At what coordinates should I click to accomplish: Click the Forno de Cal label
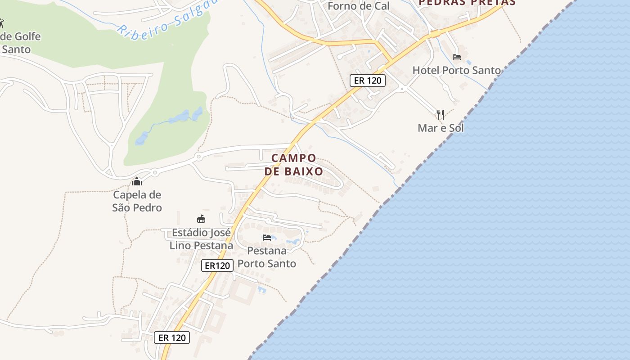click(x=358, y=6)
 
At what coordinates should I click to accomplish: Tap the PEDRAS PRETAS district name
click(x=467, y=2)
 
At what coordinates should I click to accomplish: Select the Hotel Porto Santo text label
click(x=456, y=70)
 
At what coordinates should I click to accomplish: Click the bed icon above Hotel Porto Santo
click(x=457, y=57)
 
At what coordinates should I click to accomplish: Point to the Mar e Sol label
click(x=441, y=128)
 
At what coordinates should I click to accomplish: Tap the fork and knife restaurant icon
click(x=441, y=114)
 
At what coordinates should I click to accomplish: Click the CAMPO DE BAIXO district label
click(x=294, y=165)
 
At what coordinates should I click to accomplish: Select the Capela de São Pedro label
click(x=137, y=201)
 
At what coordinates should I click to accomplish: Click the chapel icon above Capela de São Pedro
click(x=137, y=181)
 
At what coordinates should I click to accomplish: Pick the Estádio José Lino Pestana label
click(x=201, y=239)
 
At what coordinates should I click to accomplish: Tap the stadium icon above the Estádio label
click(x=201, y=219)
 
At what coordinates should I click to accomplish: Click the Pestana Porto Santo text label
click(x=267, y=257)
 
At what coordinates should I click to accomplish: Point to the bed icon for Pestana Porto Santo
click(x=267, y=237)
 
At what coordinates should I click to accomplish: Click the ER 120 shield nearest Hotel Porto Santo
click(x=368, y=81)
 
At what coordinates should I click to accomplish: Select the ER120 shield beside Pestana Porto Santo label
click(x=217, y=265)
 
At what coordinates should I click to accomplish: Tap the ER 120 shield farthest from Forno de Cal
click(x=172, y=337)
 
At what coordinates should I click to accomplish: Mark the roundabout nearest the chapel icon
click(x=155, y=172)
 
